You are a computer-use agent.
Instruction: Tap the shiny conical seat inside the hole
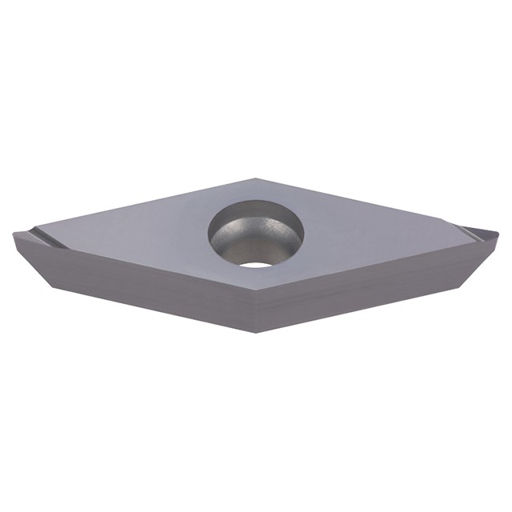(x=240, y=244)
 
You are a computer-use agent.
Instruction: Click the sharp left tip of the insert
(x=14, y=233)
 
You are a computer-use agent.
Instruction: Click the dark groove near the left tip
(x=42, y=237)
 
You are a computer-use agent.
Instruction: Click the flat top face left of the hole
(x=144, y=232)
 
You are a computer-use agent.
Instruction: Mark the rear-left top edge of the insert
(x=136, y=205)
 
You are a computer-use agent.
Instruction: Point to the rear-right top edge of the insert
(x=360, y=200)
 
